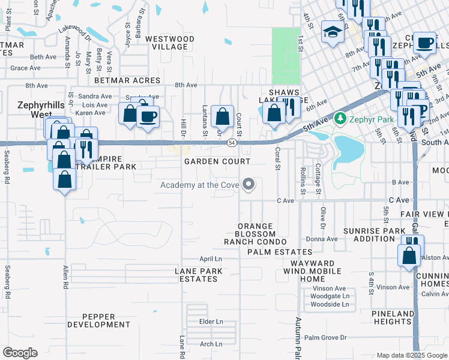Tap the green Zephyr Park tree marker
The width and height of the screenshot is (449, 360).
pos(341,118)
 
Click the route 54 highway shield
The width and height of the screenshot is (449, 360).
pos(231,143)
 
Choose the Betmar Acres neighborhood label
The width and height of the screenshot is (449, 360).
pos(127,80)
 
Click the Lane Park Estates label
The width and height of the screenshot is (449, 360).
pos(199,275)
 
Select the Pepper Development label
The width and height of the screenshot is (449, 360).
pos(98,320)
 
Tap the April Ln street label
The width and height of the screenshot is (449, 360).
pos(211,259)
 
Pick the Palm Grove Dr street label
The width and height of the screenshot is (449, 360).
pos(325,338)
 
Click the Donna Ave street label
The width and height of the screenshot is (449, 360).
pos(322,239)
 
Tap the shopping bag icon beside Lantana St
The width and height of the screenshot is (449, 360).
pos(222,116)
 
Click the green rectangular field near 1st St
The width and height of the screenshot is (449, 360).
pos(286,55)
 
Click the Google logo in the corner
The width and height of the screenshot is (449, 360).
pos(20,353)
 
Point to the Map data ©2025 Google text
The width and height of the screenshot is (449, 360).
pos(412,355)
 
